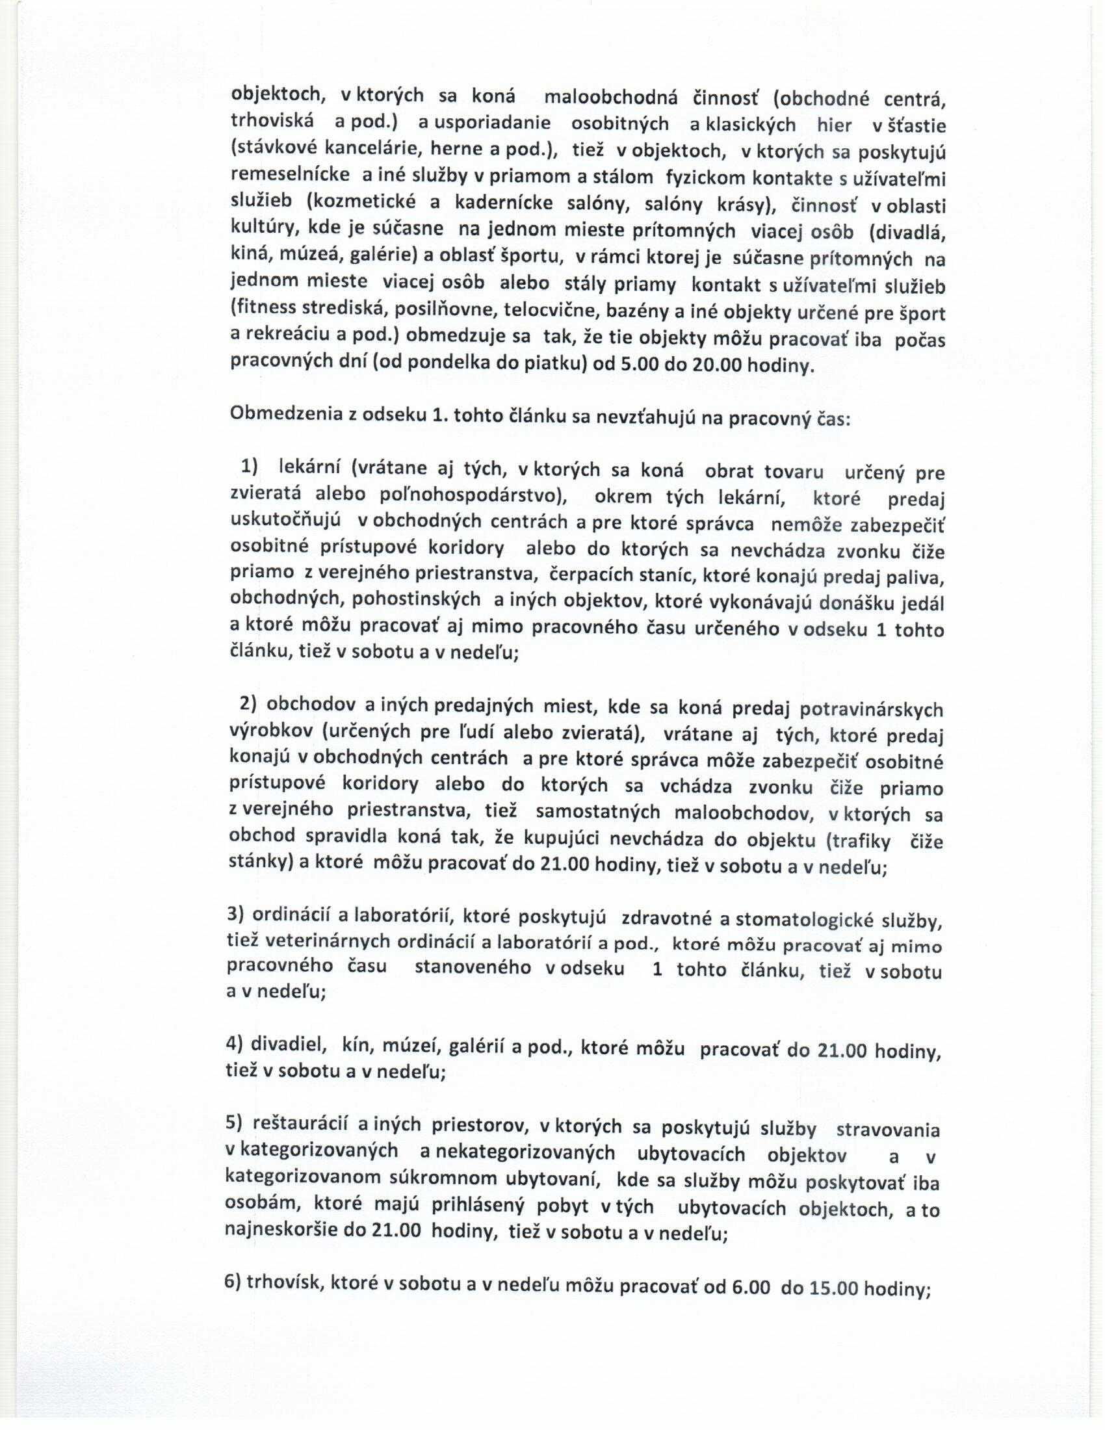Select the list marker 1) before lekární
tap(250, 466)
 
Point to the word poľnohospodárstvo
tap(472, 495)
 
